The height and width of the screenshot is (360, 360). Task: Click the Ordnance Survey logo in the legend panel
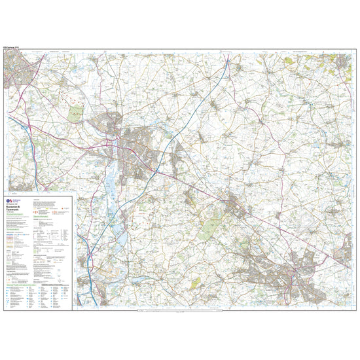click(10, 198)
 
